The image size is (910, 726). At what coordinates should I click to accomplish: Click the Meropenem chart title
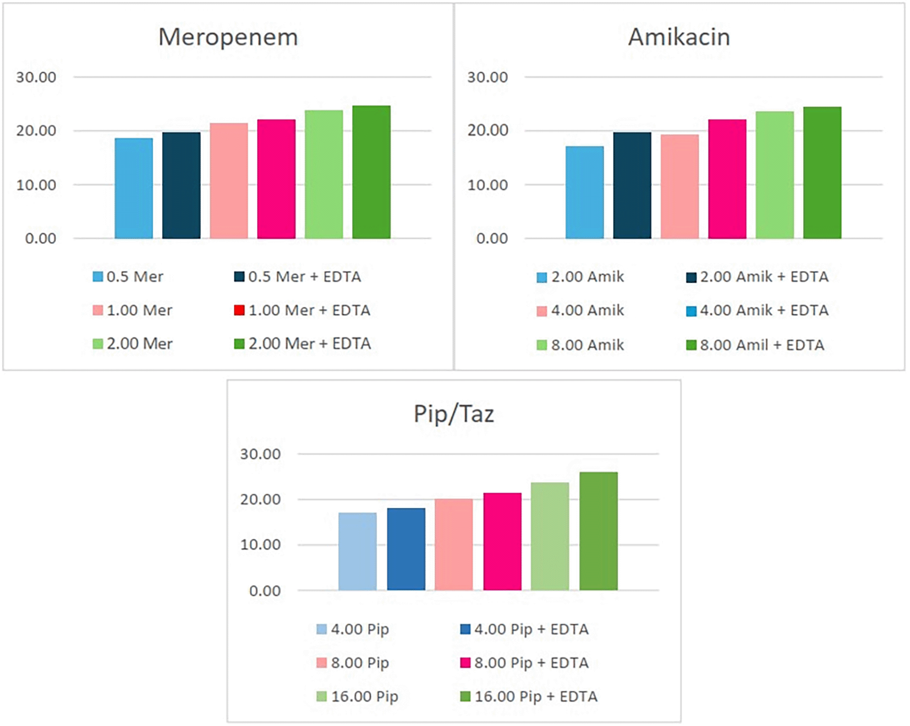(228, 37)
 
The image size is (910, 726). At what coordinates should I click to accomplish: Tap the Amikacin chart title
(679, 37)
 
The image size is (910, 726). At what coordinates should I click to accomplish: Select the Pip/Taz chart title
(454, 414)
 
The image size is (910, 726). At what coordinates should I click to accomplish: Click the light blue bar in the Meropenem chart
(134, 188)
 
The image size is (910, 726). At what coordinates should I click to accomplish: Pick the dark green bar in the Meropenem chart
(371, 172)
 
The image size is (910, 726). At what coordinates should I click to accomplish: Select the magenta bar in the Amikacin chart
(727, 179)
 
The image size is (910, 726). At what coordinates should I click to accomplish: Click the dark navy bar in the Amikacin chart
(632, 185)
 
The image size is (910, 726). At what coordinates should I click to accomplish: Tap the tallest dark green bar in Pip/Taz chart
(598, 531)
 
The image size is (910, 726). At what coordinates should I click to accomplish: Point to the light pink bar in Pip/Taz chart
(453, 544)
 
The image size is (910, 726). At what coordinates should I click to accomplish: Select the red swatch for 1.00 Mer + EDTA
(239, 310)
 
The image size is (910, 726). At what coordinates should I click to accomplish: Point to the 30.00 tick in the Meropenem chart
(36, 78)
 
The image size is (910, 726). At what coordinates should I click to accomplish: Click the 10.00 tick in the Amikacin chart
(487, 185)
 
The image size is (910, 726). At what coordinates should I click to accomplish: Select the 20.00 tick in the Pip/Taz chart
(260, 500)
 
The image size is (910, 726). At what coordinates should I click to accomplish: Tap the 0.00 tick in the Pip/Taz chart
(265, 591)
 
